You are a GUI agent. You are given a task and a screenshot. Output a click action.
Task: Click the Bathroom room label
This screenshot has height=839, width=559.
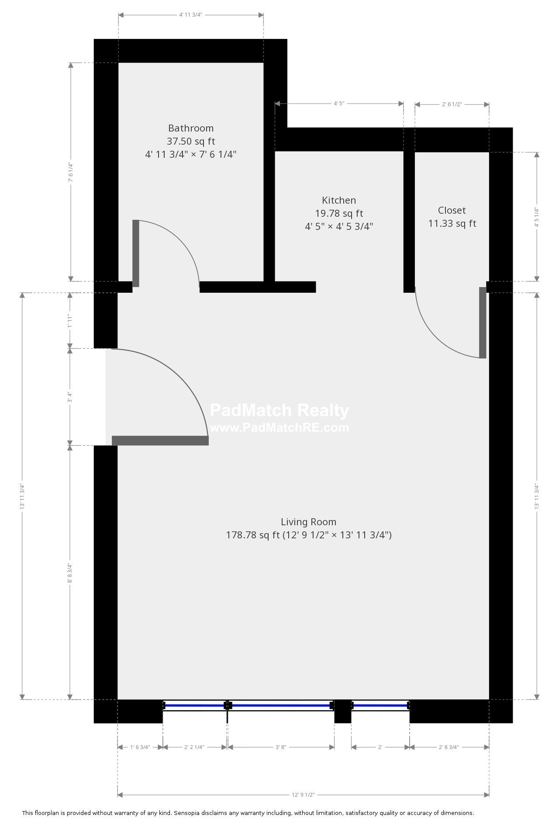click(191, 128)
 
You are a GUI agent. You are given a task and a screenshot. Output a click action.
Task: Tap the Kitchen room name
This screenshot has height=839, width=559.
click(339, 201)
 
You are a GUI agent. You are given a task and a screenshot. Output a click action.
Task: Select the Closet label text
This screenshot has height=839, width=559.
click(452, 211)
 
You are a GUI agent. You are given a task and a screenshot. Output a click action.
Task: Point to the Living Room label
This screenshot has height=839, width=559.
click(308, 522)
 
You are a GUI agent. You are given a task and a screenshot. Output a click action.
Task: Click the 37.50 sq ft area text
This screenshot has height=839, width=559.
click(191, 142)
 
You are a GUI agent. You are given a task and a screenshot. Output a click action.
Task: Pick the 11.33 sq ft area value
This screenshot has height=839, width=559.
click(452, 224)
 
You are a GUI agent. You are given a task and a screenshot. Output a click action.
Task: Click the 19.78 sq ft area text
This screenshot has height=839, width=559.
click(339, 214)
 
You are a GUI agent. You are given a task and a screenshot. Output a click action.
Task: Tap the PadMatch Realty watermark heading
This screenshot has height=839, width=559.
click(279, 410)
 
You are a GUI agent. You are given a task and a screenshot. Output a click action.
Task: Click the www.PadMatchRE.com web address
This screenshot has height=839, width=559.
click(279, 427)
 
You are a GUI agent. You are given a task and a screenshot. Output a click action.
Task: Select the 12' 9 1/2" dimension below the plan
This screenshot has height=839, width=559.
click(303, 795)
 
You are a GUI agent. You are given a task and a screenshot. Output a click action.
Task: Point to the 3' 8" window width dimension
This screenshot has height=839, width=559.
click(280, 747)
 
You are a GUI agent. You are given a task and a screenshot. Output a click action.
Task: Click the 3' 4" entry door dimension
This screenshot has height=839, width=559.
click(70, 397)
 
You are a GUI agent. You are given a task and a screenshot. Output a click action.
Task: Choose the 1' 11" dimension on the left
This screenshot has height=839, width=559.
click(70, 320)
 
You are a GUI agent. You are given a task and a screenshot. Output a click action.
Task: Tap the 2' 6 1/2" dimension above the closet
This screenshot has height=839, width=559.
click(452, 104)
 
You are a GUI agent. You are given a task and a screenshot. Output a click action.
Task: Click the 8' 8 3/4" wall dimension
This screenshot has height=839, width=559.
click(70, 573)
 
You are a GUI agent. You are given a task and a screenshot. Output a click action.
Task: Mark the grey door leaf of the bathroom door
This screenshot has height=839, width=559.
click(136, 253)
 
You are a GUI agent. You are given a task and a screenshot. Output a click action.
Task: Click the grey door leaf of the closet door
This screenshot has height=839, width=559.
click(483, 323)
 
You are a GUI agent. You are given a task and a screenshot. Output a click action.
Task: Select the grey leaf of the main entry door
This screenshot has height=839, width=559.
click(160, 440)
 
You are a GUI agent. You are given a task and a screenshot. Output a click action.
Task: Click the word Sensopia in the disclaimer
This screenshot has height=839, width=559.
click(186, 813)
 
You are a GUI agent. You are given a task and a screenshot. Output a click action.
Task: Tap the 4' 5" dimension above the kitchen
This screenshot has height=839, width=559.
click(339, 104)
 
